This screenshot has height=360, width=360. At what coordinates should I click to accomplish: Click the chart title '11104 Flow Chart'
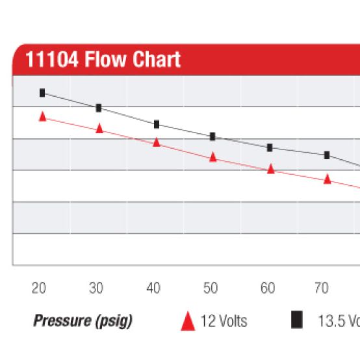pyautogui.click(x=103, y=60)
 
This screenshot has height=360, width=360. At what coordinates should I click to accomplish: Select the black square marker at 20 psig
pyautogui.click(x=42, y=93)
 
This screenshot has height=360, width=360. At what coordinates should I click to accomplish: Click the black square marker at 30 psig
pyautogui.click(x=99, y=108)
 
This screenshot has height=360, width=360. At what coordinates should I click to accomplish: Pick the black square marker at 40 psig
pyautogui.click(x=157, y=124)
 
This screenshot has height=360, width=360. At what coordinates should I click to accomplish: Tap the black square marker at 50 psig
pyautogui.click(x=212, y=136)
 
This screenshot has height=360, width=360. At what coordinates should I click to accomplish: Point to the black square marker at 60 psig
pyautogui.click(x=270, y=148)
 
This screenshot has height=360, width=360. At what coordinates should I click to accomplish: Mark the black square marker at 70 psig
pyautogui.click(x=327, y=155)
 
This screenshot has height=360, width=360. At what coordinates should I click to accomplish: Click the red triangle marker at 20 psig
pyautogui.click(x=43, y=117)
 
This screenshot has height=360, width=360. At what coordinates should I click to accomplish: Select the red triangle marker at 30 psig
pyautogui.click(x=99, y=129)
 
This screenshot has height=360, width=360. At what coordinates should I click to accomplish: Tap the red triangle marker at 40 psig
pyautogui.click(x=157, y=142)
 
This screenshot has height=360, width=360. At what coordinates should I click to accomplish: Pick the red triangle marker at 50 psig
pyautogui.click(x=212, y=157)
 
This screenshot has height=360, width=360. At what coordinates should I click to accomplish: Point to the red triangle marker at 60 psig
pyautogui.click(x=270, y=169)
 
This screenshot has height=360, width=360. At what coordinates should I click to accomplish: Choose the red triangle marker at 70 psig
pyautogui.click(x=328, y=179)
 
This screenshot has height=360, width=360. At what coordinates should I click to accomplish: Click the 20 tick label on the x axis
pyautogui.click(x=39, y=289)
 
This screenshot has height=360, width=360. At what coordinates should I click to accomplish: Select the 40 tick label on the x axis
pyautogui.click(x=154, y=289)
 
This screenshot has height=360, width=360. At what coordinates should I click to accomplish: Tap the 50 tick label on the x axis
pyautogui.click(x=211, y=289)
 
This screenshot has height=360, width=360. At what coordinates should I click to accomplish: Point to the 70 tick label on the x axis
pyautogui.click(x=321, y=289)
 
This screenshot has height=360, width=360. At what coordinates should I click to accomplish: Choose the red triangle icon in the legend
pyautogui.click(x=188, y=321)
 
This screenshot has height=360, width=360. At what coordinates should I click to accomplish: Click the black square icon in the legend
pyautogui.click(x=297, y=320)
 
